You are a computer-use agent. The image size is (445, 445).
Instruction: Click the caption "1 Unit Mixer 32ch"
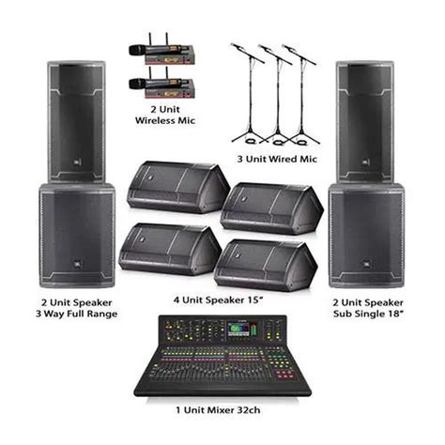222,409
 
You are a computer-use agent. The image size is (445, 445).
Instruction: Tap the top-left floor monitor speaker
172,188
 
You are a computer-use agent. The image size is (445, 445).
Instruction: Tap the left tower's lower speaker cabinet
77,235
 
